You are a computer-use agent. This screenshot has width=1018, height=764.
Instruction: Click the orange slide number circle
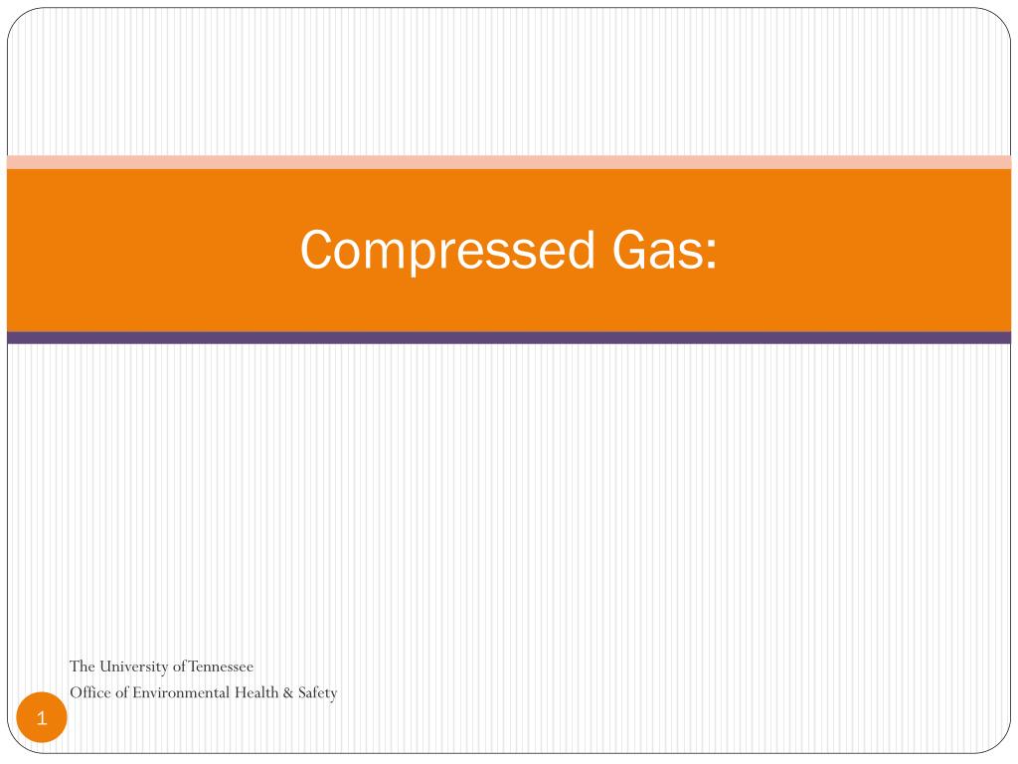42,717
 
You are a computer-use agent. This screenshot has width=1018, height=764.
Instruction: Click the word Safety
317,692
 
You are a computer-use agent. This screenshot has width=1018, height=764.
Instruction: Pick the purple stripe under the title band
509,337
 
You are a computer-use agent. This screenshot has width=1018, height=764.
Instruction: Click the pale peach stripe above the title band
509,162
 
